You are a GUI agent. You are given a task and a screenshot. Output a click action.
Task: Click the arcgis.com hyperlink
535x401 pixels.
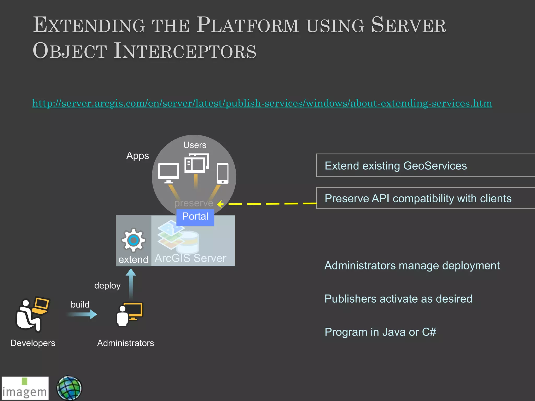[262, 103]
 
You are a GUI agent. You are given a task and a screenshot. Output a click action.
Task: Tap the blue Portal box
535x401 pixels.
[195, 216]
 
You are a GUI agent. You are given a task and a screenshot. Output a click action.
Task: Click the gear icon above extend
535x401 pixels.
[133, 240]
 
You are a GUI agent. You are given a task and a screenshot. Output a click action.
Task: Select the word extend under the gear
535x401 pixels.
[133, 260]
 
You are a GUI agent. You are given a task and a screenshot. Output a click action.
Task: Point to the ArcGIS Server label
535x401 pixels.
[190, 258]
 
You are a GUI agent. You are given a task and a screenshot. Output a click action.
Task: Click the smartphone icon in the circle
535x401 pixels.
[223, 173]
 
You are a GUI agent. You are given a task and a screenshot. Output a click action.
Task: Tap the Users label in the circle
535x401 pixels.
[195, 145]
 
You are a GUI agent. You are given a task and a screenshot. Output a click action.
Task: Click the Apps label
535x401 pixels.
[137, 156]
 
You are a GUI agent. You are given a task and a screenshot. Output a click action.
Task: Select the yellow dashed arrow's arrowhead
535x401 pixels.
[220, 204]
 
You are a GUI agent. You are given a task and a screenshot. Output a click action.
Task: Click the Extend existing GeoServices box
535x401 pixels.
[425, 166]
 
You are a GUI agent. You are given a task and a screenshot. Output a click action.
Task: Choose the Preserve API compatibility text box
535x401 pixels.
[425, 198]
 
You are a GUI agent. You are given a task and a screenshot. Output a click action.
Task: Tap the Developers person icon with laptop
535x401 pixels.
[32, 314]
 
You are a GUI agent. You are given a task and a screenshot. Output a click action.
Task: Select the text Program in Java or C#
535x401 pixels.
[380, 332]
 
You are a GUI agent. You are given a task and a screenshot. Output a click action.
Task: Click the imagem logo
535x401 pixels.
[25, 388]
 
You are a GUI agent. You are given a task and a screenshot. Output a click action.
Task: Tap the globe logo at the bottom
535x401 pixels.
[69, 388]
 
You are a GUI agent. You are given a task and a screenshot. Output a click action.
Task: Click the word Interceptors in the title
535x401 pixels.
[185, 51]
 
